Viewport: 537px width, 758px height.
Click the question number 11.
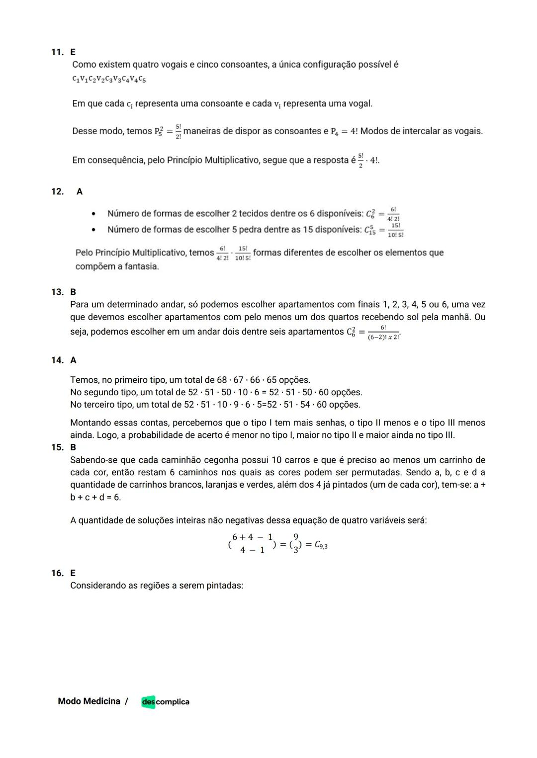click(57, 52)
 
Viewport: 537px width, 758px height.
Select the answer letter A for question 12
click(80, 191)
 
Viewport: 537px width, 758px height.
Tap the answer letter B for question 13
click(73, 292)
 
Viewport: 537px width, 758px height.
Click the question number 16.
click(57, 573)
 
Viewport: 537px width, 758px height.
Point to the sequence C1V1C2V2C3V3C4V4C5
click(109, 79)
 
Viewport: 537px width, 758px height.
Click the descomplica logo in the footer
click(165, 701)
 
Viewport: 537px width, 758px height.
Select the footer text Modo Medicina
click(89, 701)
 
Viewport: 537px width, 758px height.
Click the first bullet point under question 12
click(93, 214)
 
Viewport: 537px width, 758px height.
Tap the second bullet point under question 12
click(93, 230)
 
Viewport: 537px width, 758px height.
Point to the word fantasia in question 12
click(141, 266)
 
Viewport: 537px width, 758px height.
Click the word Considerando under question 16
click(98, 586)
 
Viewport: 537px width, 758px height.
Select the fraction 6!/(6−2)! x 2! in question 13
click(383, 333)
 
